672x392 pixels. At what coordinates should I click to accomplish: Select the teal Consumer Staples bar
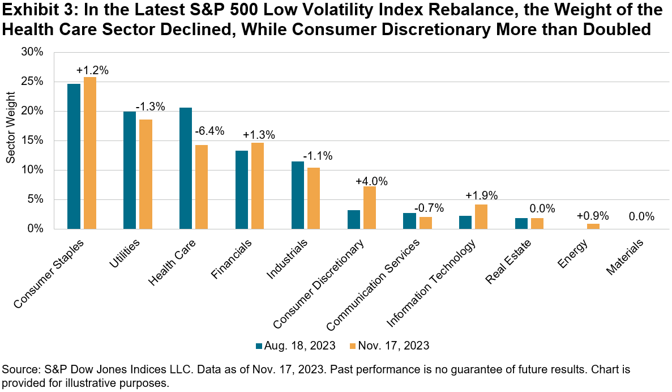[x=74, y=156]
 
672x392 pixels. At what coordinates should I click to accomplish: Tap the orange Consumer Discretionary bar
[x=369, y=207]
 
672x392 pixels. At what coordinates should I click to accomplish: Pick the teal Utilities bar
[x=130, y=170]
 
